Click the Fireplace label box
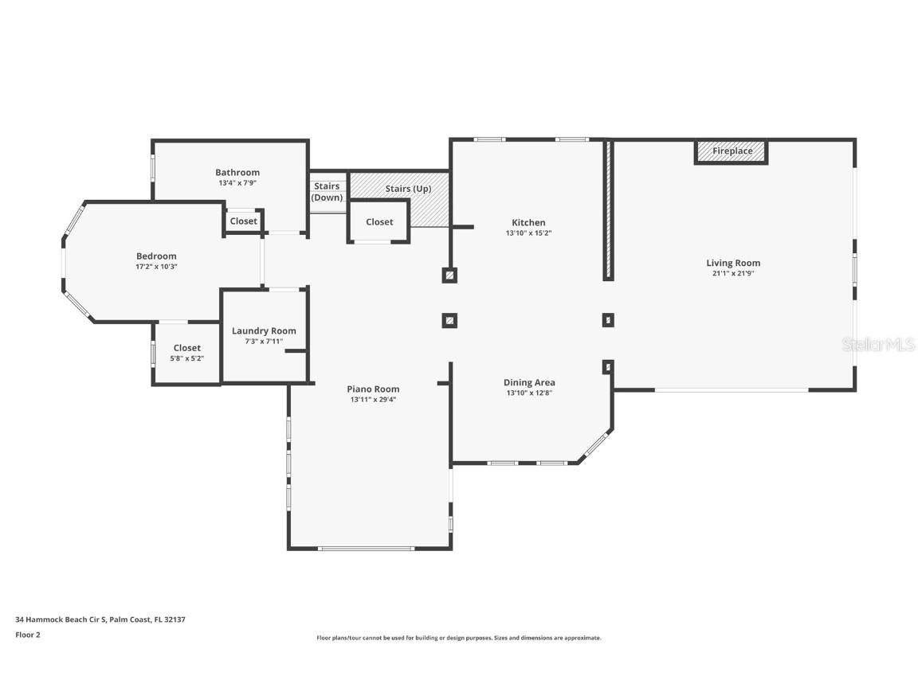[732, 151]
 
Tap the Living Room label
[733, 263]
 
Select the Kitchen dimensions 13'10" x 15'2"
[528, 234]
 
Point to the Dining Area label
[529, 383]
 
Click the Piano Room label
[373, 389]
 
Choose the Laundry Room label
[264, 331]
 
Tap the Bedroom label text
[156, 256]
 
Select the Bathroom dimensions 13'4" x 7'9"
[237, 183]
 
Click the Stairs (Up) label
[408, 189]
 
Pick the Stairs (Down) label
[327, 192]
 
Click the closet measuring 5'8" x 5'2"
[187, 353]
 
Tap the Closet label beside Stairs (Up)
[379, 222]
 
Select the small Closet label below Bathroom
[243, 221]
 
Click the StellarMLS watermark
[878, 345]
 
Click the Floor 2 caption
[27, 635]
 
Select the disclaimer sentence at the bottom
[459, 638]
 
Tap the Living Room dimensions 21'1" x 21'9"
[733, 274]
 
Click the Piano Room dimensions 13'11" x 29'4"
[373, 400]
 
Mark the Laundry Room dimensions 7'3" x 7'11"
[264, 342]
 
